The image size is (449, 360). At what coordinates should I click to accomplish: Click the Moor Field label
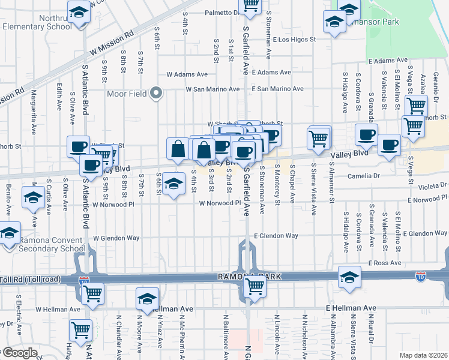coord(127,93)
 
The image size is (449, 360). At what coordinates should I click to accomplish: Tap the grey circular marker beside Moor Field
coord(157,92)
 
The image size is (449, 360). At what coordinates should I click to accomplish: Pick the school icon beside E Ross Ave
coord(349,277)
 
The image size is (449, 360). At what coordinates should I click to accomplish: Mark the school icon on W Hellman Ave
coord(147,298)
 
